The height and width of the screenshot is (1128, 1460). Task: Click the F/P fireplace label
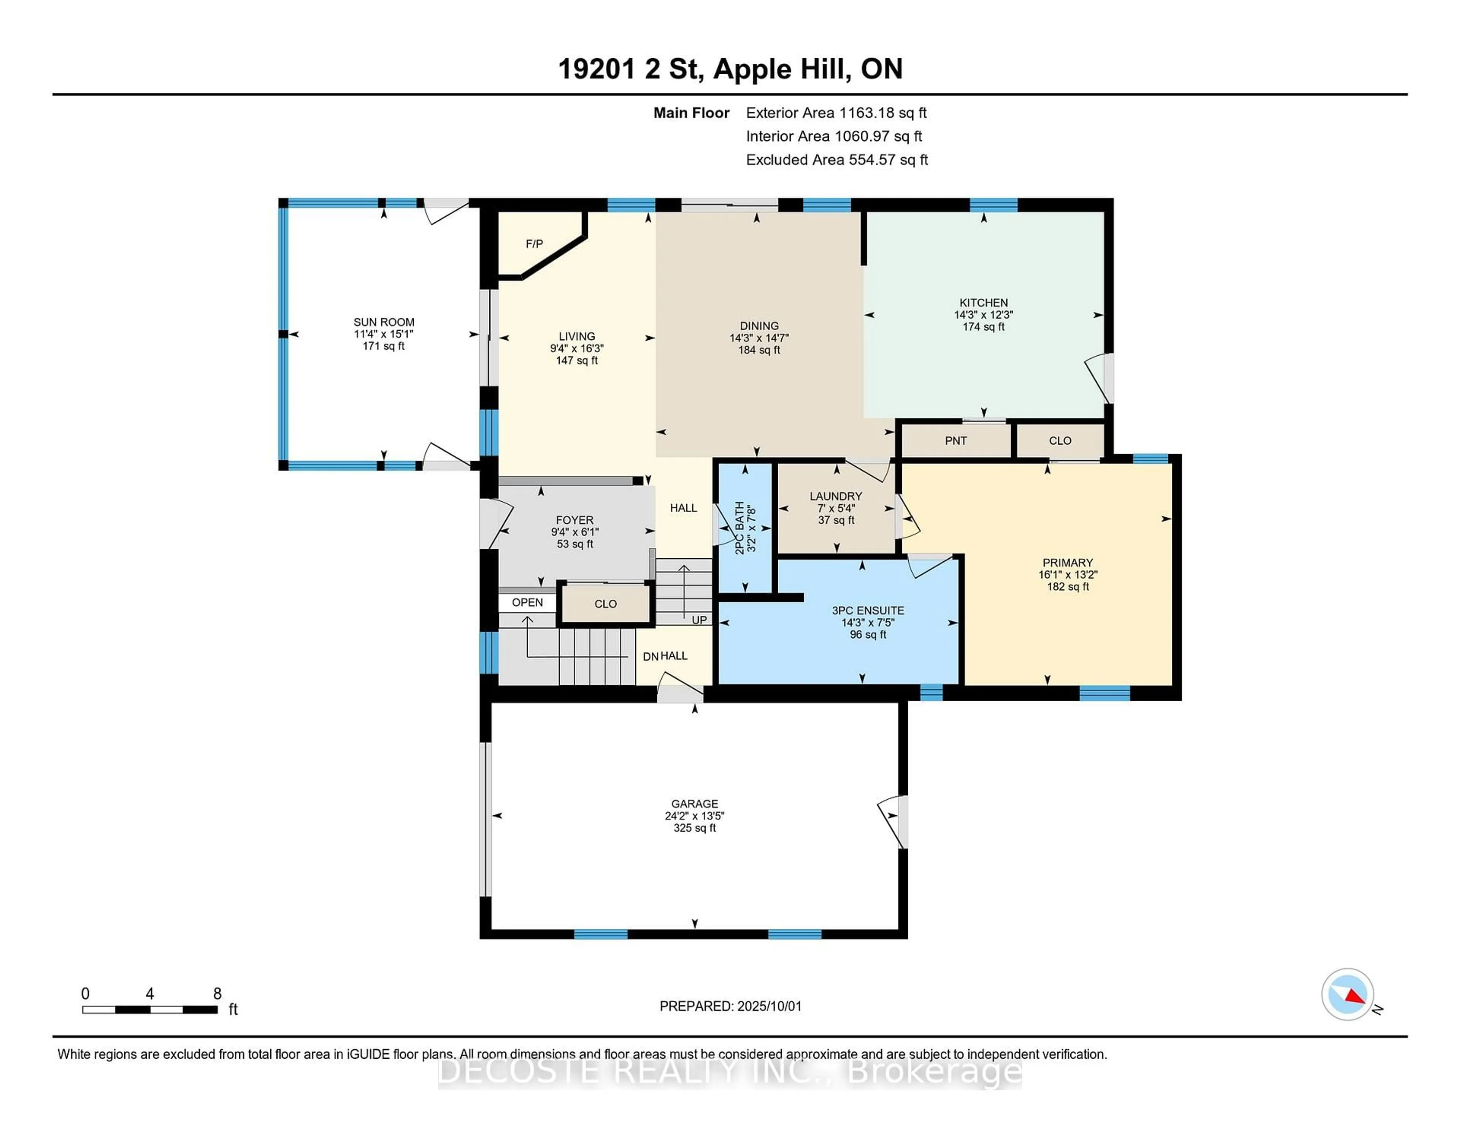(x=534, y=244)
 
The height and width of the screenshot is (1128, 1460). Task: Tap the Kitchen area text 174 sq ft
(x=983, y=327)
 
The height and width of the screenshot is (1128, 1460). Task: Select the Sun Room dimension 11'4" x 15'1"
(x=384, y=334)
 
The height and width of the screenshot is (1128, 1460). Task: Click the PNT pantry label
(x=955, y=441)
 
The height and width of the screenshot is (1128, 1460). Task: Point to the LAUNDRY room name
(x=836, y=496)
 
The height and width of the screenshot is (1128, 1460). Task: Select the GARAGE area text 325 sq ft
(x=695, y=828)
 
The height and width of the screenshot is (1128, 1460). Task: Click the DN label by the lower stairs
(x=651, y=657)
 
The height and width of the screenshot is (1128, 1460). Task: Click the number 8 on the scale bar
(x=217, y=994)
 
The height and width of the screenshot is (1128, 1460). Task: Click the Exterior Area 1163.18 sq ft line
(x=836, y=113)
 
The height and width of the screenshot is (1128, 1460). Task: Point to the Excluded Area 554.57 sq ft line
(x=836, y=160)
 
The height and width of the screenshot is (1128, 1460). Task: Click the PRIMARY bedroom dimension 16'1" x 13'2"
(x=1068, y=575)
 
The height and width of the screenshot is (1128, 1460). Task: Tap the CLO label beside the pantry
(x=1060, y=441)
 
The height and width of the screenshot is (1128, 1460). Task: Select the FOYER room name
(x=574, y=520)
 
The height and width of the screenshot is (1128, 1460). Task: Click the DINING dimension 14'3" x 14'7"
(x=759, y=339)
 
